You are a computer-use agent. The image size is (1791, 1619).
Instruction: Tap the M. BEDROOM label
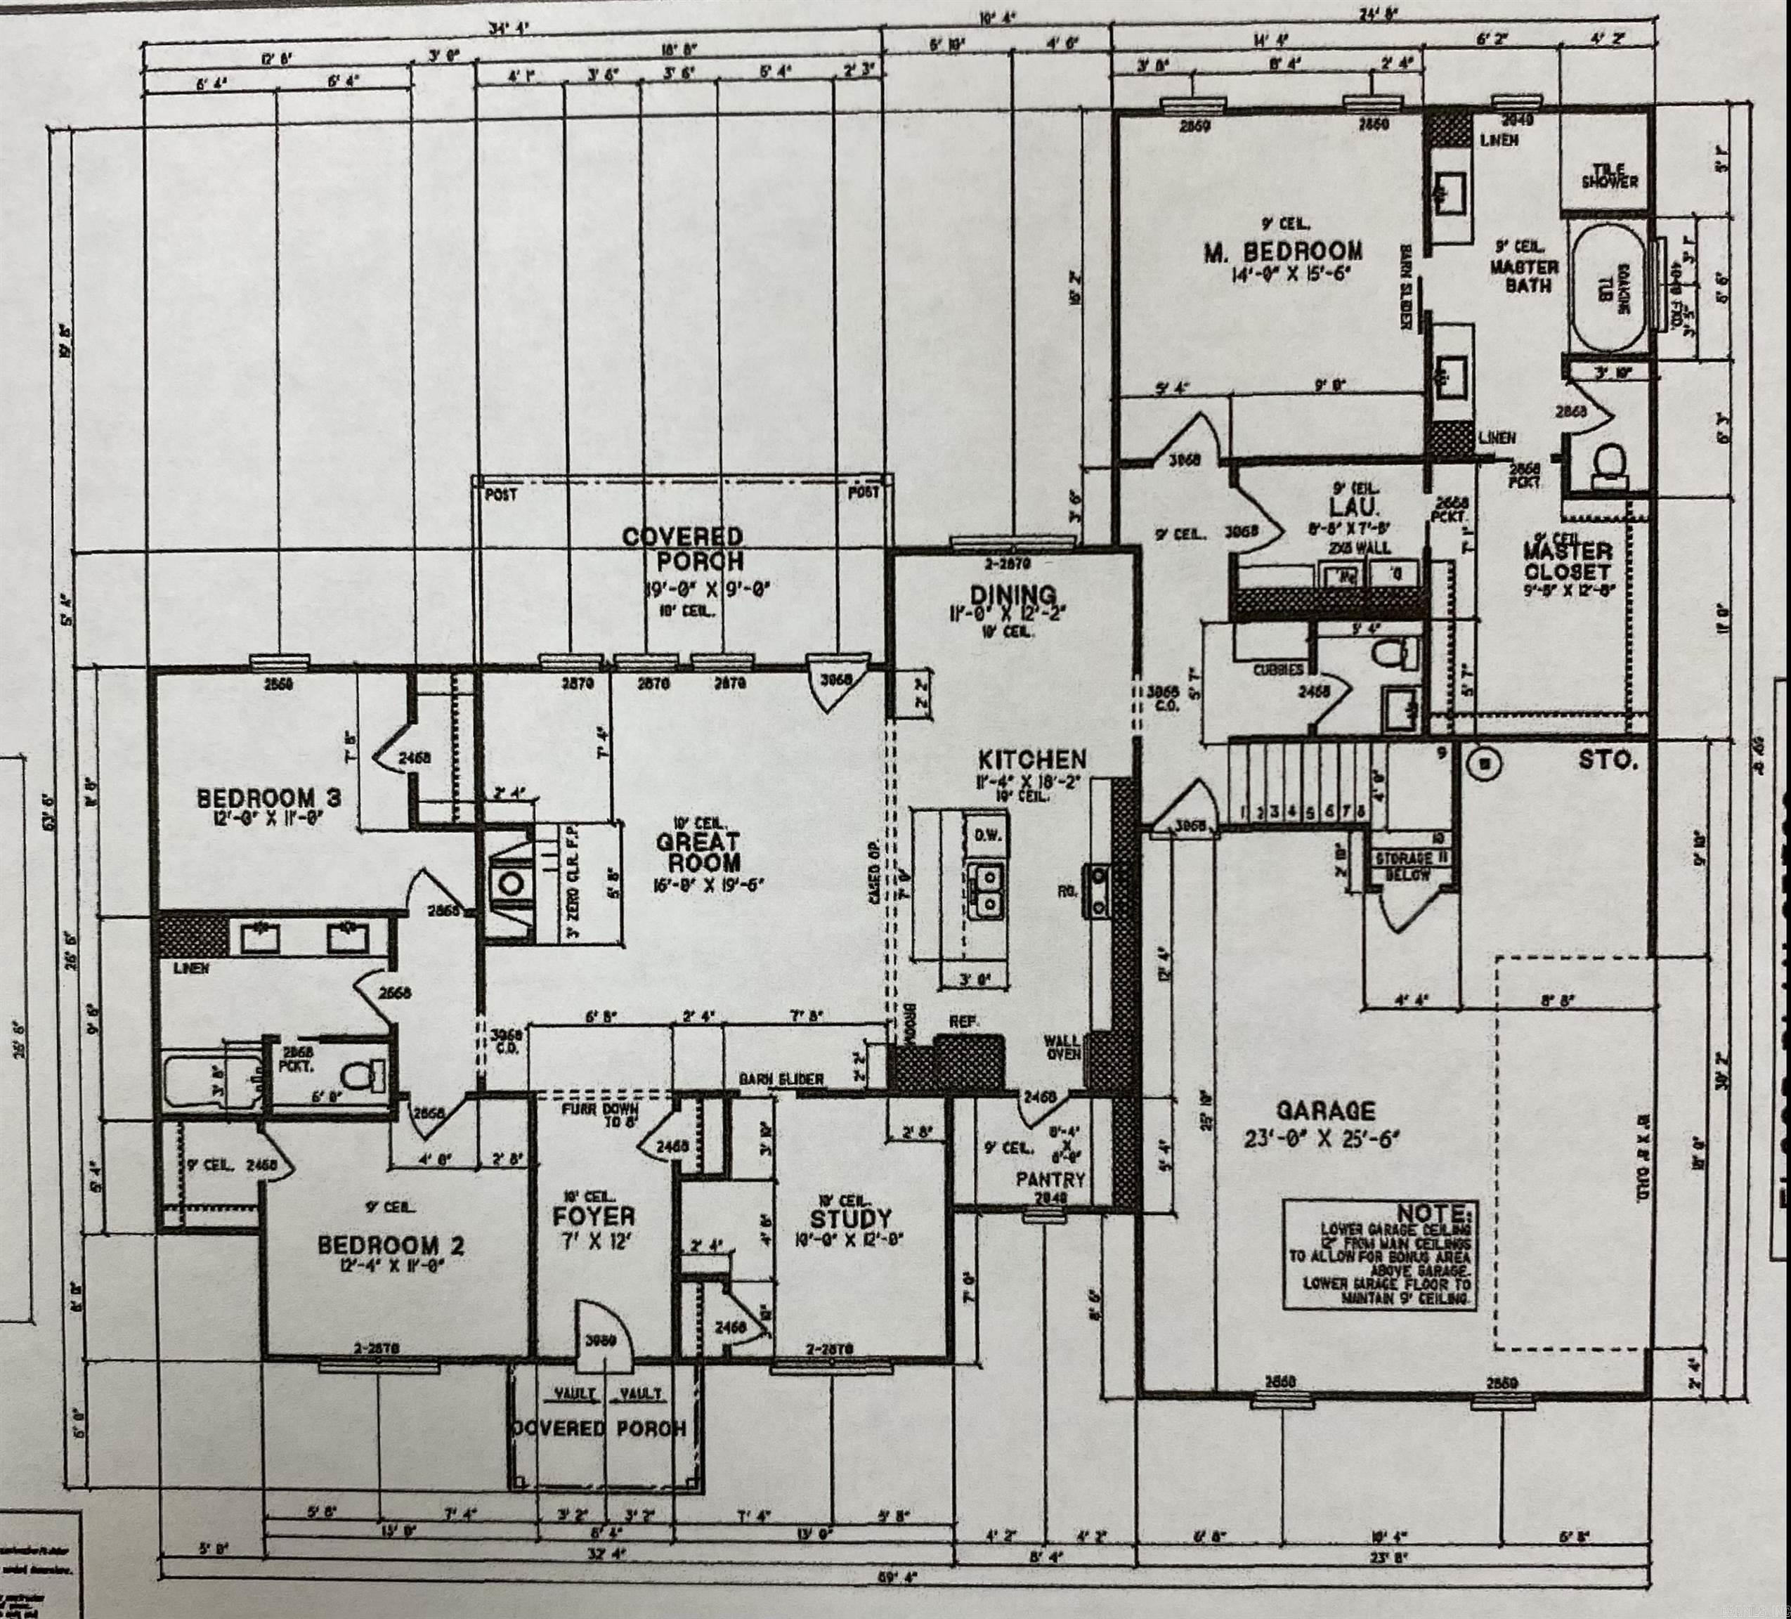(1283, 252)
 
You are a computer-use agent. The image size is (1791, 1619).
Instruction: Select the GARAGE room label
(1324, 1111)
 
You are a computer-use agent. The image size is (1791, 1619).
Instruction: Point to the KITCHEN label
(1031, 760)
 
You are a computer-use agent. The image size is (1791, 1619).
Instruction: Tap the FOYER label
(594, 1216)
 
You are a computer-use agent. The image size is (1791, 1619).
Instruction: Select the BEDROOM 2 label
(391, 1245)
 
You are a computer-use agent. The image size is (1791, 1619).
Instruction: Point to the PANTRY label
(1051, 1180)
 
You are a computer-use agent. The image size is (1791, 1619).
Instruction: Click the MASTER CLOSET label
(1567, 561)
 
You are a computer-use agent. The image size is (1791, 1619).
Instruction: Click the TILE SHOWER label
(1609, 175)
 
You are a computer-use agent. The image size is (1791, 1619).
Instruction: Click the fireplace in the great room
(511, 883)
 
